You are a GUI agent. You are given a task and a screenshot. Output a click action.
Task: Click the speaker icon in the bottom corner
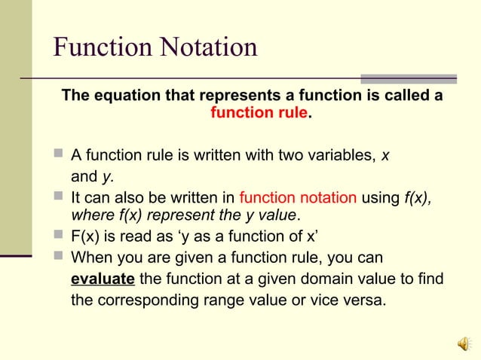coord(464,343)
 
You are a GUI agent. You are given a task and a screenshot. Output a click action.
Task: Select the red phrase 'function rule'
coord(259,114)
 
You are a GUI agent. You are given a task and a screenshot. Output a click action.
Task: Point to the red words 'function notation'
coord(298,199)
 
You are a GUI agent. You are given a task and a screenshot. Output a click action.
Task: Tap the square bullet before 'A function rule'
coord(59,156)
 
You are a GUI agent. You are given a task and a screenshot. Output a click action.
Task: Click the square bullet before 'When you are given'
coord(59,256)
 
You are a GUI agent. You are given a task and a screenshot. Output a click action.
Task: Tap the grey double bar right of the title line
coord(408,78)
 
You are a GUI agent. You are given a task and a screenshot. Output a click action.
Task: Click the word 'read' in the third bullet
coord(139,234)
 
